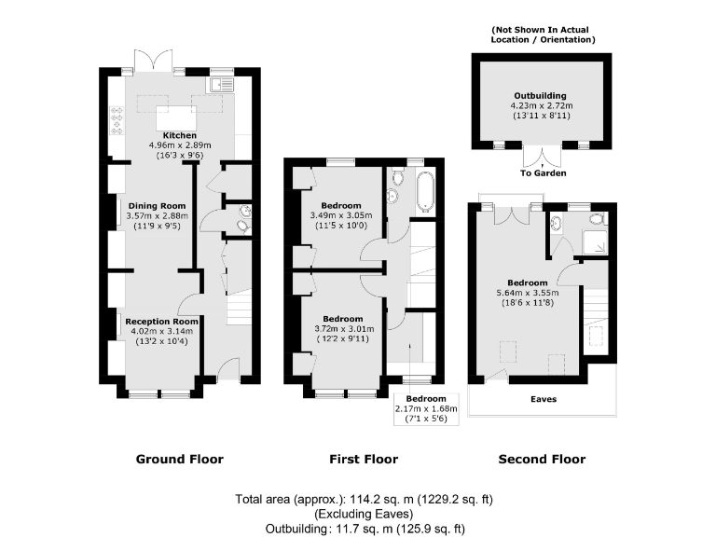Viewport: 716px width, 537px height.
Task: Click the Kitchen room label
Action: [180, 135]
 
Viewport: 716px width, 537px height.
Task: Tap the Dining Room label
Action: [157, 205]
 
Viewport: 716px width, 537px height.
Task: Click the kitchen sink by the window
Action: [221, 85]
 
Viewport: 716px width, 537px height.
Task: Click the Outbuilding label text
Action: [540, 96]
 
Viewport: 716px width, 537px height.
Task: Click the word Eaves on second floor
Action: [543, 399]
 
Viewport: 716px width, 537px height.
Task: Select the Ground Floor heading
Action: [180, 459]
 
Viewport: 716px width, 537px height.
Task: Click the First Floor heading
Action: [364, 459]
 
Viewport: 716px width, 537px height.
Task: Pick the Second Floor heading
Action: [542, 459]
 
